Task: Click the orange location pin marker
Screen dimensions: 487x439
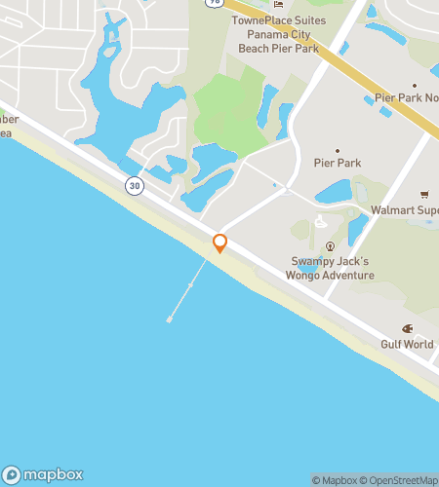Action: click(x=220, y=243)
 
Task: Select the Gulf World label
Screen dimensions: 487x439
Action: click(x=406, y=345)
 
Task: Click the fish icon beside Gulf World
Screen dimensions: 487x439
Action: click(x=408, y=329)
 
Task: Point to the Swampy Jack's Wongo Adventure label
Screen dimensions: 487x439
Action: click(x=332, y=268)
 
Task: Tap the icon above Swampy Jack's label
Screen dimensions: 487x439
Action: click(x=331, y=245)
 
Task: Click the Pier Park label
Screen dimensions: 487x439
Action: click(x=338, y=163)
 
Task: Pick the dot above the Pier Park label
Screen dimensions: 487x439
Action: click(x=338, y=150)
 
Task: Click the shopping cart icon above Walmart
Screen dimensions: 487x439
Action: click(x=424, y=194)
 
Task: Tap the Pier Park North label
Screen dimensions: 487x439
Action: click(x=406, y=98)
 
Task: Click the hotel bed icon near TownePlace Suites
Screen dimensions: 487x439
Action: click(x=278, y=4)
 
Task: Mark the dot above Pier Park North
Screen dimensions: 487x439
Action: click(x=414, y=86)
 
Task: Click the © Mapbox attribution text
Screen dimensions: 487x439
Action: click(x=335, y=479)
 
